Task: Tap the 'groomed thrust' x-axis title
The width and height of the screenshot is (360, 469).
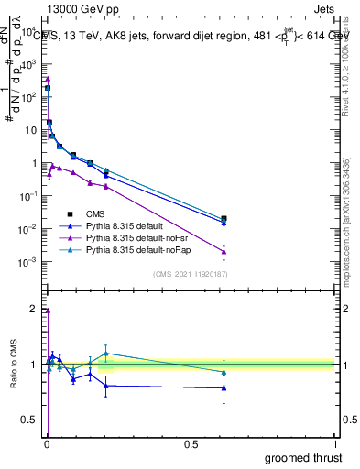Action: (x=303, y=457)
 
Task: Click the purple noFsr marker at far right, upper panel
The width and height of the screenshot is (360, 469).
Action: (x=224, y=251)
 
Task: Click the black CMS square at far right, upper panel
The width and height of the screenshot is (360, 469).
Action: (x=224, y=219)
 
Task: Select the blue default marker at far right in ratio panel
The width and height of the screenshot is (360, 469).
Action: (x=224, y=388)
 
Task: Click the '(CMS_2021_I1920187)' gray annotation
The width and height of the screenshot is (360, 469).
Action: (x=190, y=274)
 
